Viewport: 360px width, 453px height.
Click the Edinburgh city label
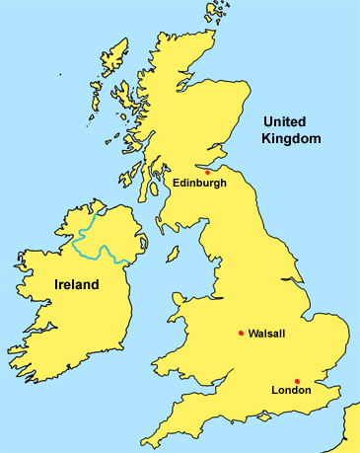199,183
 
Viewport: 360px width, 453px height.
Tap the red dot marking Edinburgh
207,172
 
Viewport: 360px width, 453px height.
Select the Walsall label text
267,334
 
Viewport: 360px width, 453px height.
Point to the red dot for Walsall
241,333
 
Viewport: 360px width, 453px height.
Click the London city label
291,390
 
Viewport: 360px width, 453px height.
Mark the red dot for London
297,380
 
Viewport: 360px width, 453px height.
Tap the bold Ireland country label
76,285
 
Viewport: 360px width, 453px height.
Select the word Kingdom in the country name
291,139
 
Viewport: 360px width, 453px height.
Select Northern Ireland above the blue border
113,232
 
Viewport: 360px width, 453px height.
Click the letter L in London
274,390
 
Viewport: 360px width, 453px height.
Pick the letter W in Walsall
252,334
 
